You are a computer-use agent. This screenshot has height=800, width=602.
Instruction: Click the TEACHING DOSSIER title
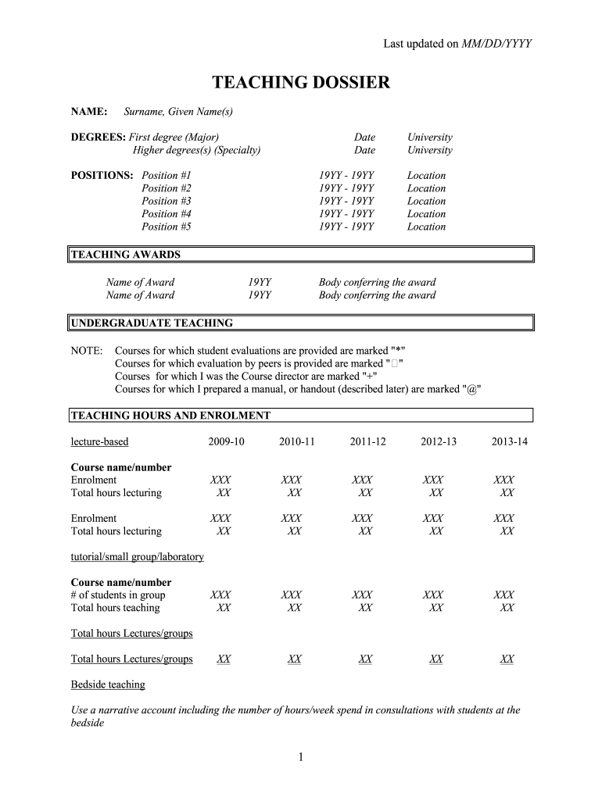pos(301,82)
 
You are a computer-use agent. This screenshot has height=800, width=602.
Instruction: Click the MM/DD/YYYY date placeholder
pos(496,44)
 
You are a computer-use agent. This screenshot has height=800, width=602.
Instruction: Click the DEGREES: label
pos(99,137)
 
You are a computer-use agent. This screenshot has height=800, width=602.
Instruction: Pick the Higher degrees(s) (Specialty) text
pos(196,150)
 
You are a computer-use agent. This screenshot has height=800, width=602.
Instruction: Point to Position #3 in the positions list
pos(166,201)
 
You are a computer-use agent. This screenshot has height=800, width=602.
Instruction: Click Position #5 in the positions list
pos(166,227)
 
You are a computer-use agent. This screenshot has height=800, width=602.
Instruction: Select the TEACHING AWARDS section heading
pos(126,255)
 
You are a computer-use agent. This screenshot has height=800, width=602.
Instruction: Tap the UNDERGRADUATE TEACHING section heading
pos(152,323)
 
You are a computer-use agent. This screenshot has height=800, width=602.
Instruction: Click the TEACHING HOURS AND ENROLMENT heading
pos(170,416)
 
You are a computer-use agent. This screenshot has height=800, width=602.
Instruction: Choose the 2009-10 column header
pos(226,442)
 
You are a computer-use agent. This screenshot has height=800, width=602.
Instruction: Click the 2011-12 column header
pos(367,442)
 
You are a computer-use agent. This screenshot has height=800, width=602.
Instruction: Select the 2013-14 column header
pos(509,442)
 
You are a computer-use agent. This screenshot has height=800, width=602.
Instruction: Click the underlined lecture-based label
pos(99,442)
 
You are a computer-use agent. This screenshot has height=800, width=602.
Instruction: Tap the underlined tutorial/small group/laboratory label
pos(137,557)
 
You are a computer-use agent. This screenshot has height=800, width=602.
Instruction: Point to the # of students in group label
pos(118,595)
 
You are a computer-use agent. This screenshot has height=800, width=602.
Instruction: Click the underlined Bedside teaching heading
pos(108,685)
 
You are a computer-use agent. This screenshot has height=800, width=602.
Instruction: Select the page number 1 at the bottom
pos(301,757)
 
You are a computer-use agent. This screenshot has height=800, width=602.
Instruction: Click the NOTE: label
pos(87,351)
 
